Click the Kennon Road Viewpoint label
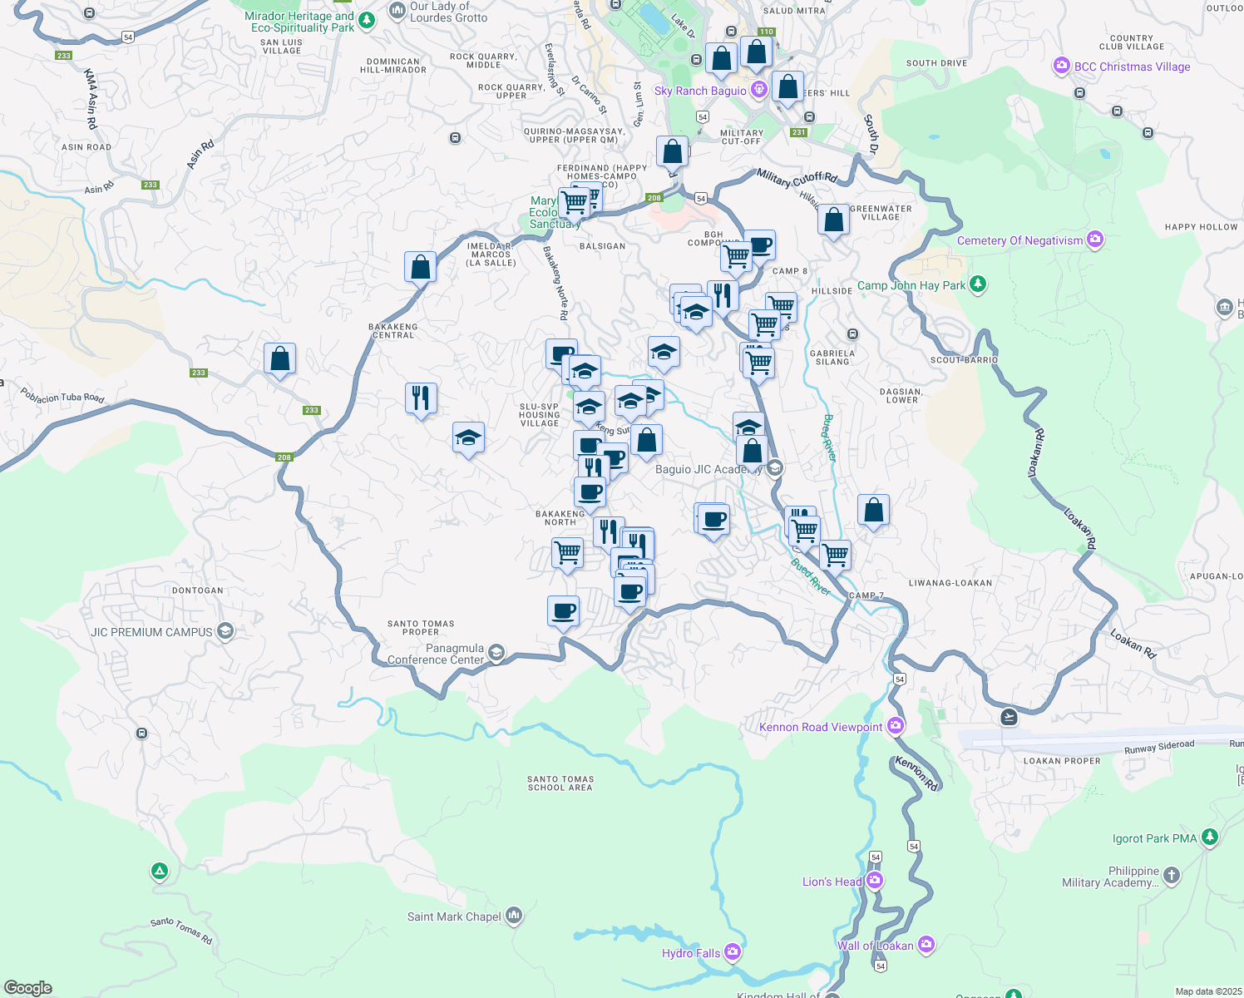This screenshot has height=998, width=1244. coord(821,728)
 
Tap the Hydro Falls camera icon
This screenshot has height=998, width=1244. coord(733,951)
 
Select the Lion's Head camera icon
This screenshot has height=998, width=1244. coord(874,881)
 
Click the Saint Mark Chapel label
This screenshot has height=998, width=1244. coord(454,917)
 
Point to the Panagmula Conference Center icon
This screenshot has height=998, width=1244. coord(496,652)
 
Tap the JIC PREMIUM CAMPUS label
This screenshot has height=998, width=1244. coord(151,632)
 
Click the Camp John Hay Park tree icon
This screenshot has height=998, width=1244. coord(978,284)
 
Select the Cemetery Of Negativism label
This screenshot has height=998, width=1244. coord(1019,241)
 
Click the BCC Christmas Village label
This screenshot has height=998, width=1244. coord(1132,67)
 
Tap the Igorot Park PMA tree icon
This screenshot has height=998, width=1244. coord(1210,837)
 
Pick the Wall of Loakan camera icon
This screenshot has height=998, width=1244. coord(926,945)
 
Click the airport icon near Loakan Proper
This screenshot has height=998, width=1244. coord(1009,716)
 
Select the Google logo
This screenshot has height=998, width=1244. coord(28,988)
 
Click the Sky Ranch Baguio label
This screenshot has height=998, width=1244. coord(700,91)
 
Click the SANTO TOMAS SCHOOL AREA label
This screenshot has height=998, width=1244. coord(560,783)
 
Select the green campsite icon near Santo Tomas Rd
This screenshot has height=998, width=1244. coord(159,872)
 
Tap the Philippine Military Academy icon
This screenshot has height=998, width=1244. coord(1171,875)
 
